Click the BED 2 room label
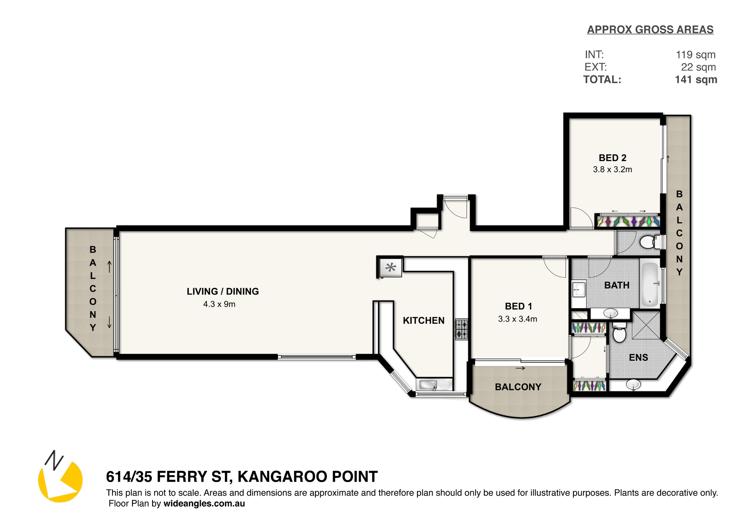[x=612, y=158]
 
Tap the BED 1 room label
[x=518, y=306]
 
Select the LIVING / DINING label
[x=223, y=291]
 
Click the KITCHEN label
[x=424, y=320]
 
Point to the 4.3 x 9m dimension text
[x=219, y=304]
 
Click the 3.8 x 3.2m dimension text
[x=612, y=169]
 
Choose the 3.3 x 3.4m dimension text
[x=517, y=319]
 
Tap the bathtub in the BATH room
[x=651, y=284]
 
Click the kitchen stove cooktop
[x=462, y=329]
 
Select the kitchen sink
[x=434, y=385]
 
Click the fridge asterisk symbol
[x=391, y=267]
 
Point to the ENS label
[x=639, y=358]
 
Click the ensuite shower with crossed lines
[x=646, y=325]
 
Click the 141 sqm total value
[x=696, y=79]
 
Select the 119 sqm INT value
[x=696, y=55]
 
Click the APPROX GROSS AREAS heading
[x=650, y=30]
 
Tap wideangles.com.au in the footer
[x=204, y=503]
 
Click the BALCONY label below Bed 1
[x=518, y=387]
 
